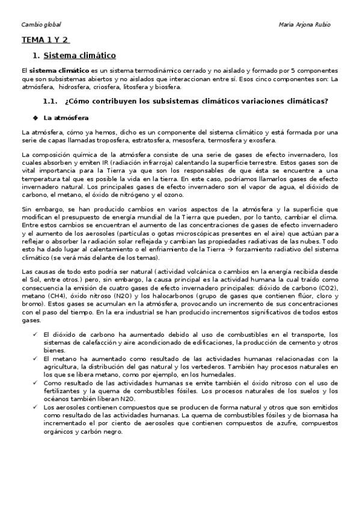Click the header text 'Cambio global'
(x=41, y=25)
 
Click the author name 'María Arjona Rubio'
(x=305, y=25)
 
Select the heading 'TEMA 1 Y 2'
(x=45, y=40)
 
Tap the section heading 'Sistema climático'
(x=80, y=56)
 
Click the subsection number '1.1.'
(x=50, y=100)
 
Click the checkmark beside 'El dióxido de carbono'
(x=37, y=334)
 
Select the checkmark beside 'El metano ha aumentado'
(x=37, y=357)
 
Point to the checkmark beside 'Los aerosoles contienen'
(x=37, y=407)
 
